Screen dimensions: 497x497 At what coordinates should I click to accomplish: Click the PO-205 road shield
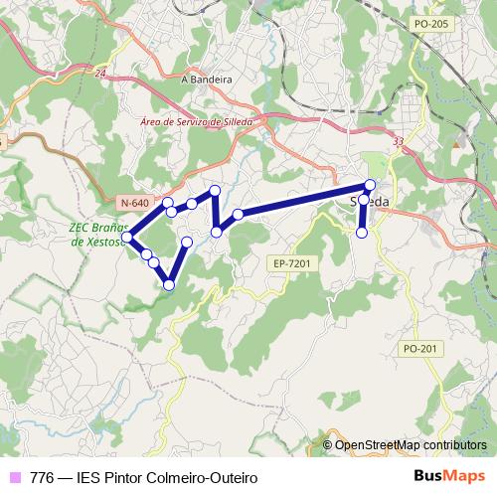coord(428,23)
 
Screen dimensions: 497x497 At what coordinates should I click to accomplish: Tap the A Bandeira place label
coord(207,79)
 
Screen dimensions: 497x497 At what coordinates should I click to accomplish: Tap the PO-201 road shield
coord(421,348)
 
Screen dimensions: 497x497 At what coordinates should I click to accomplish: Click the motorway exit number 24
coord(100,73)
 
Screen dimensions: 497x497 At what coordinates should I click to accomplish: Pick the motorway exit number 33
coord(399,143)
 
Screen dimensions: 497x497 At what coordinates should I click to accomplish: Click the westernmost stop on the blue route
coord(127,237)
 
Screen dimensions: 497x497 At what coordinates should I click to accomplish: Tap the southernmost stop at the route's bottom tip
coord(169,285)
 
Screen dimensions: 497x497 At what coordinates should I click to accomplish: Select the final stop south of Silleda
coord(362,233)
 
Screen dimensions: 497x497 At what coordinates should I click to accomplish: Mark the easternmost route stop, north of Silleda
coord(371,185)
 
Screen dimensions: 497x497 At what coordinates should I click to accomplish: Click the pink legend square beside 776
coord(15,477)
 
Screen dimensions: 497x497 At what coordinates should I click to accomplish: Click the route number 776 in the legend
coord(43,478)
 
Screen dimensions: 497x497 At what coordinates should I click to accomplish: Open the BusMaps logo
coord(450,476)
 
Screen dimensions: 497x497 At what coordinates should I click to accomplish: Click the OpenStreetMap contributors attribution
coord(410,445)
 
